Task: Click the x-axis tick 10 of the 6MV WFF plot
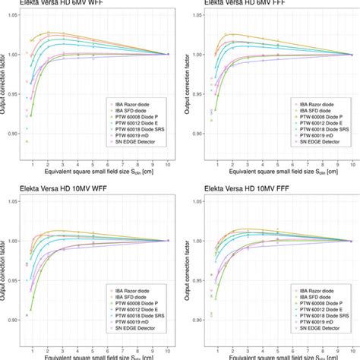coord(167,163)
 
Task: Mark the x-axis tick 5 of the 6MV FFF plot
coord(276,163)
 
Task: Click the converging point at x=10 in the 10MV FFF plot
coord(353,241)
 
